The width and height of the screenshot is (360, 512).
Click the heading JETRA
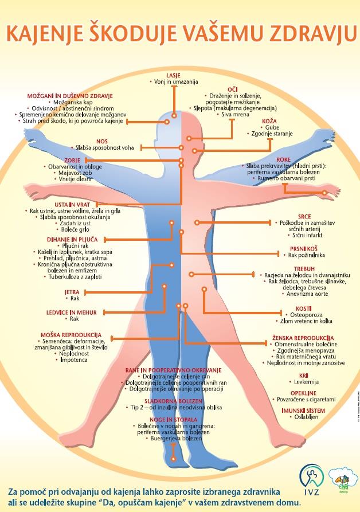click(72, 292)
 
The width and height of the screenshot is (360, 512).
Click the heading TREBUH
click(304, 268)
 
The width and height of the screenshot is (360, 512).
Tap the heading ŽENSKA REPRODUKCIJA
click(304, 338)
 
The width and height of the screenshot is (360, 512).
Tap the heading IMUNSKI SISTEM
click(303, 411)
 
